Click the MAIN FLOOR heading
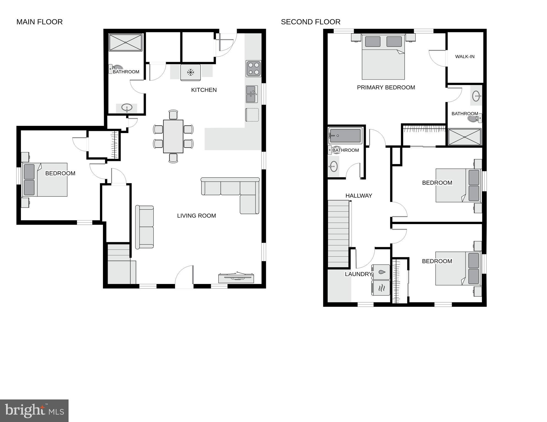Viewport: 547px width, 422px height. [39, 22]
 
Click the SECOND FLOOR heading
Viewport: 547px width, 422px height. [311, 22]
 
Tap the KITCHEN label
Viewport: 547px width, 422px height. [204, 90]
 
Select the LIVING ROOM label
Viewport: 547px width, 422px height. [196, 216]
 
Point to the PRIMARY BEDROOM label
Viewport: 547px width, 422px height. [386, 87]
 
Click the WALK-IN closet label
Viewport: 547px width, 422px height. [465, 57]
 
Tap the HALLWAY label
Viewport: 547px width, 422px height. [359, 196]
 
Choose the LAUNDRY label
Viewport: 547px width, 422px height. [358, 274]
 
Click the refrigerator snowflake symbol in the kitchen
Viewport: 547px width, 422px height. [191, 73]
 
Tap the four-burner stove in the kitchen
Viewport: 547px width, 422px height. [253, 68]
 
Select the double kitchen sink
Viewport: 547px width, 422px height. [252, 94]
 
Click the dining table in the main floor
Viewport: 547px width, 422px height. [173, 136]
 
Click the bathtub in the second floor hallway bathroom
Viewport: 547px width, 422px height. [345, 136]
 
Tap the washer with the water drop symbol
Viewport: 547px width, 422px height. [381, 272]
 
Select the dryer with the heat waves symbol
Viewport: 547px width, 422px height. [381, 288]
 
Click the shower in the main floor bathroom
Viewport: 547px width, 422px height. [126, 43]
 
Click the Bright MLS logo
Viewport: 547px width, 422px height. [34, 410]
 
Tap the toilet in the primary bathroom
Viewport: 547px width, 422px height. [474, 119]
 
